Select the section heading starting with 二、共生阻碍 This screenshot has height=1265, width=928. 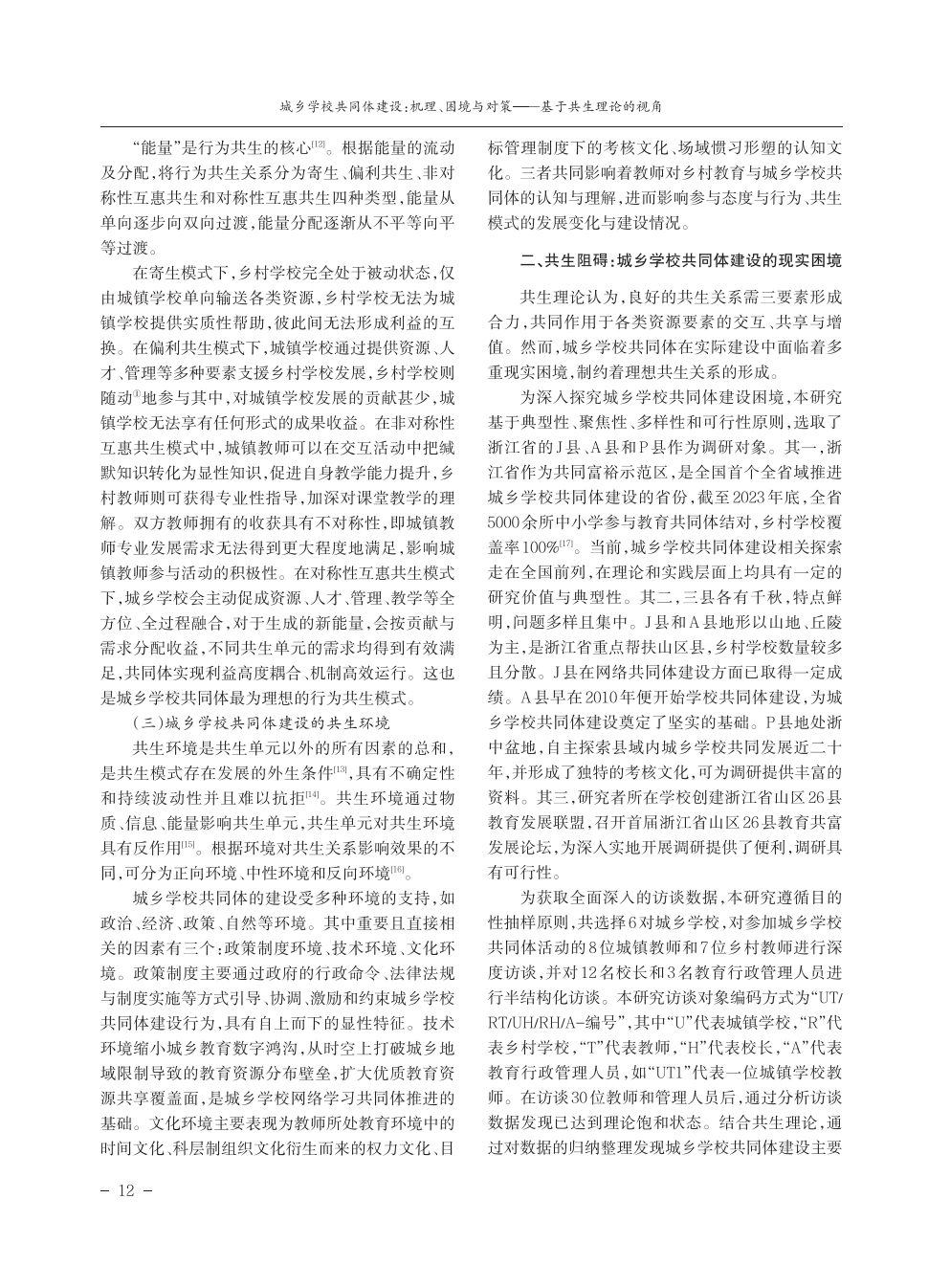(x=680, y=260)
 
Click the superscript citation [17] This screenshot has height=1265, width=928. (x=567, y=544)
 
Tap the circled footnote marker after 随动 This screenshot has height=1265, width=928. (x=139, y=393)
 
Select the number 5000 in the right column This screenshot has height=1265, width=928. (x=505, y=522)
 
